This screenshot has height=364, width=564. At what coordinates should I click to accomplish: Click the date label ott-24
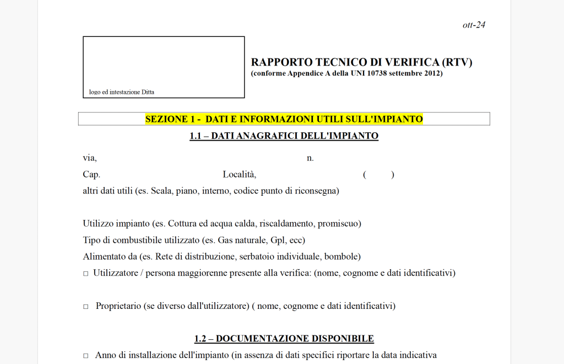coord(474,25)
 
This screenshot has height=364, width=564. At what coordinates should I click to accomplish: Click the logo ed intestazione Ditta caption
coord(122,92)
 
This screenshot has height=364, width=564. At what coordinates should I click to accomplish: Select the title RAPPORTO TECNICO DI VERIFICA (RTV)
coord(361,62)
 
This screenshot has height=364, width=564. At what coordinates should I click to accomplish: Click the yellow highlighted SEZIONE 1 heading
coord(284,119)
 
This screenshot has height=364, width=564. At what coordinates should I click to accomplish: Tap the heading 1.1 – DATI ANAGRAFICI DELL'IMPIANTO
coord(284,136)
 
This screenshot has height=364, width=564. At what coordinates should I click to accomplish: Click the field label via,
coord(90,158)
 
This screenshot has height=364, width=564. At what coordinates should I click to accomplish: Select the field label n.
coord(310,158)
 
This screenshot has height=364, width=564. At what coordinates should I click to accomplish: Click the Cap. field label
coord(91,175)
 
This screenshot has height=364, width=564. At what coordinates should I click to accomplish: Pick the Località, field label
coord(240,175)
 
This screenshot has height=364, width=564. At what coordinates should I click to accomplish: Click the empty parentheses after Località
coord(378,175)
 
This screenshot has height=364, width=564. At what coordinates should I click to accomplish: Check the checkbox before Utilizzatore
coord(85,274)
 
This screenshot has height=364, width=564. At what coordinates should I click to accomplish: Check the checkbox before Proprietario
coord(85,307)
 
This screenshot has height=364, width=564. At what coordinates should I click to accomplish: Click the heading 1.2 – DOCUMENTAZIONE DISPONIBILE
coord(284,339)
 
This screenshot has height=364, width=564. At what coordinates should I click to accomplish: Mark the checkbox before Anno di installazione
coord(85,356)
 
